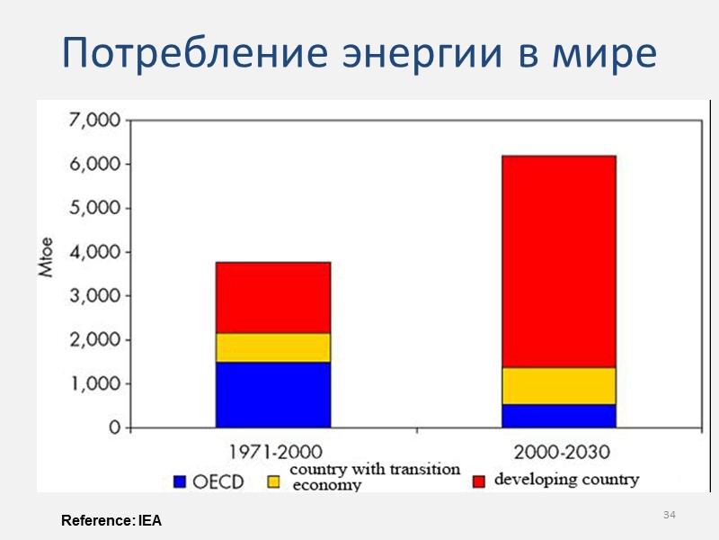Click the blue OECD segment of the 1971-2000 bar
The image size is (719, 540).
tap(273, 394)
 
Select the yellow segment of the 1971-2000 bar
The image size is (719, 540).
tap(273, 347)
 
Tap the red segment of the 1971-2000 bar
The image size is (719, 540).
tap(273, 297)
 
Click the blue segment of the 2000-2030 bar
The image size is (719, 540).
tap(558, 416)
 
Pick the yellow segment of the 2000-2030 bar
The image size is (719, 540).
tap(558, 385)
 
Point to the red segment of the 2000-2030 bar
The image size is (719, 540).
tap(558, 261)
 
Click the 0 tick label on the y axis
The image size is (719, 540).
tap(114, 428)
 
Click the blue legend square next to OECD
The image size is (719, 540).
tap(179, 481)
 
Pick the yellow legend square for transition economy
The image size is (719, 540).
tap(274, 481)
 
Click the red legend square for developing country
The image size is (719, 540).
tap(478, 481)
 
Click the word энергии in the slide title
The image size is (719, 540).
tap(433, 55)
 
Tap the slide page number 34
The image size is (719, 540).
tap(669, 515)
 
